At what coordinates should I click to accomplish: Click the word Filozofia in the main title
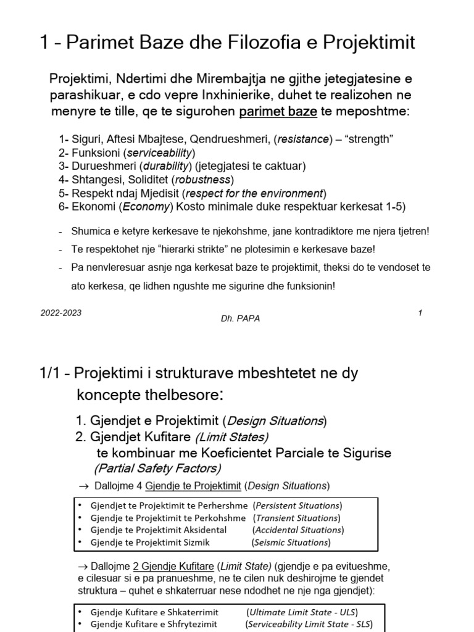256,43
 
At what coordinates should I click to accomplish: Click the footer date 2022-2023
61,313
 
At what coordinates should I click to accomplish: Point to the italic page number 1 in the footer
420,313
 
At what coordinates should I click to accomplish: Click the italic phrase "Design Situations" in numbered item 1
275,421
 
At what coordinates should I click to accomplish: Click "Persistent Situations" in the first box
299,505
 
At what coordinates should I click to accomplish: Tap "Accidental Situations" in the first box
298,530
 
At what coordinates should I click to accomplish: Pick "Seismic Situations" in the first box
291,543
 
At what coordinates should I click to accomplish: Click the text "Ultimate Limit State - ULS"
302,612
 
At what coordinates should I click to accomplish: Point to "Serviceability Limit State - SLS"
307,624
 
